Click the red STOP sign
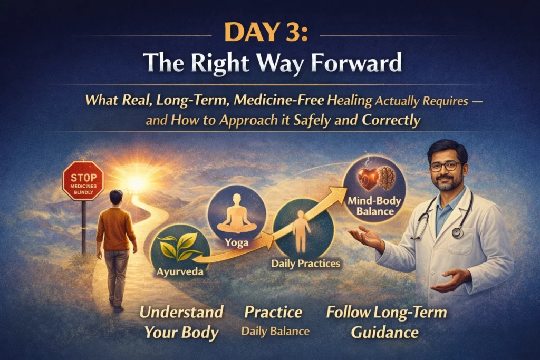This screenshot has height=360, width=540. pyautogui.click(x=83, y=181)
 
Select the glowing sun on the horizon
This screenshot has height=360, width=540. pyautogui.click(x=137, y=181)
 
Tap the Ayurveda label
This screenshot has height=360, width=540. pyautogui.click(x=180, y=271)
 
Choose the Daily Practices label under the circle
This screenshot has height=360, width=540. pyautogui.click(x=305, y=264)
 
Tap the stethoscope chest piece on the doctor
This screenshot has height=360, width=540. pyautogui.click(x=457, y=232)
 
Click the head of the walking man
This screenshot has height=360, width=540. pyautogui.click(x=115, y=197)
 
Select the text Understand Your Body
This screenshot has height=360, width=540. pyautogui.click(x=181, y=322)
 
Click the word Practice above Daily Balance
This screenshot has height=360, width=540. pyautogui.click(x=273, y=312)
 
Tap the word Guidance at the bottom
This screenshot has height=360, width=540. pyautogui.click(x=384, y=333)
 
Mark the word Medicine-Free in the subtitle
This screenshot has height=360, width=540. pyautogui.click(x=278, y=100)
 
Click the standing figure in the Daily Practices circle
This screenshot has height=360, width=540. pyautogui.click(x=301, y=231)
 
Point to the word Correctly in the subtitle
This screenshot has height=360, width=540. pyautogui.click(x=391, y=121)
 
